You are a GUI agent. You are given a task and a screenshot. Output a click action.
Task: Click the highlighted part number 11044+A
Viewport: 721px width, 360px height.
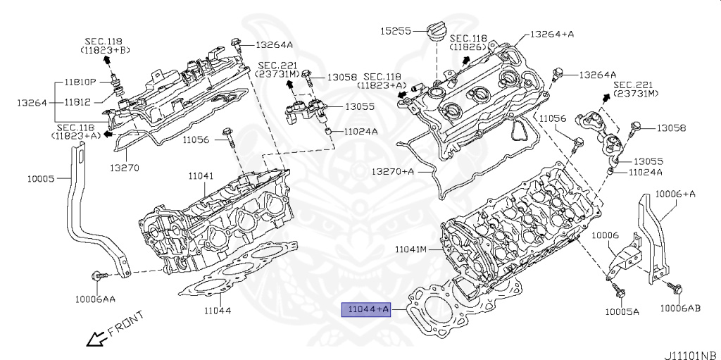tap(365, 309)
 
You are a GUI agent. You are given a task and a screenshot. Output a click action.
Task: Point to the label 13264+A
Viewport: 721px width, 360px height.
tap(552, 33)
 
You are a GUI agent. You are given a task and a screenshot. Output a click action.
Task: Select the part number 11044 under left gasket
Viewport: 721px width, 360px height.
tap(218, 310)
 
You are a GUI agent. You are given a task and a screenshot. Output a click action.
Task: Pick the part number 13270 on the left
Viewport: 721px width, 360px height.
tap(124, 168)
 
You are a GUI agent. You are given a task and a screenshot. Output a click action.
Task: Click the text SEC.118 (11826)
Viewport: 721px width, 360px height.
tap(469, 42)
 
